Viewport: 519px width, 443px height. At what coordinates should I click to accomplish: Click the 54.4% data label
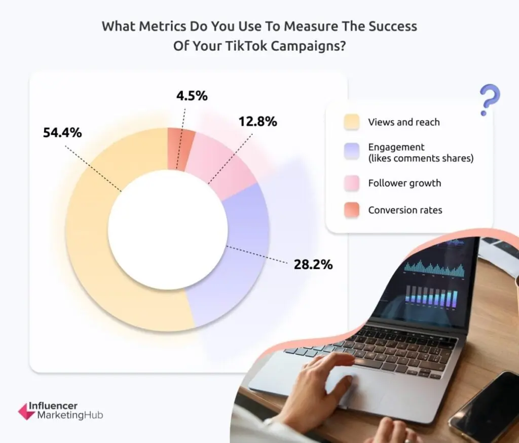(x=62, y=133)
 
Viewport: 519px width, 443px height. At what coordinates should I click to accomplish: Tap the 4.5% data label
(x=192, y=96)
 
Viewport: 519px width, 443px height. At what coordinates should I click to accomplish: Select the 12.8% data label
(x=258, y=122)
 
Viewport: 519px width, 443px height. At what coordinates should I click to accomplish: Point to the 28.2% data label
(x=313, y=265)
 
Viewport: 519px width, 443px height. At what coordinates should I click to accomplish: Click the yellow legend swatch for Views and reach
(x=352, y=122)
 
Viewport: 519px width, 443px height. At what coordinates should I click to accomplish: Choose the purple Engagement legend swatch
(x=352, y=152)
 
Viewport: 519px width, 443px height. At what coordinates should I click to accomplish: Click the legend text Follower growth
(x=404, y=183)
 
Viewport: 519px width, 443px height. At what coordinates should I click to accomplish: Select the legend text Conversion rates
(x=405, y=210)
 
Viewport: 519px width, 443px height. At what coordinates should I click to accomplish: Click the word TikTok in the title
(x=246, y=46)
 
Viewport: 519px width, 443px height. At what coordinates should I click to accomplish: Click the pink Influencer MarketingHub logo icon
(x=26, y=411)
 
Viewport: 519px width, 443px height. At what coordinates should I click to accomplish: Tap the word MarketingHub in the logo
(x=70, y=415)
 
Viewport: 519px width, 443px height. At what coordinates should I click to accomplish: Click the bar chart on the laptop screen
(x=431, y=296)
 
